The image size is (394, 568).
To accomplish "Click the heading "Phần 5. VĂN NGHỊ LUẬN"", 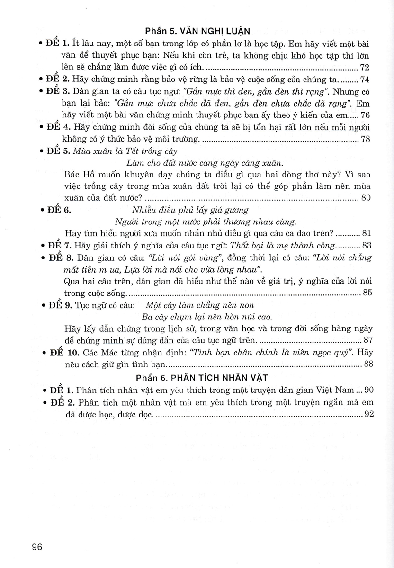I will click(x=197, y=32).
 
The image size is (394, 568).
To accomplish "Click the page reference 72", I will click(x=365, y=67).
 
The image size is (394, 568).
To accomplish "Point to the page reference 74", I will click(x=365, y=80).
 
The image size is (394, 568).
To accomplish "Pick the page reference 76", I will click(x=365, y=115).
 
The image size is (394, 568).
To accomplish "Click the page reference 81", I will click(x=365, y=233).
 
